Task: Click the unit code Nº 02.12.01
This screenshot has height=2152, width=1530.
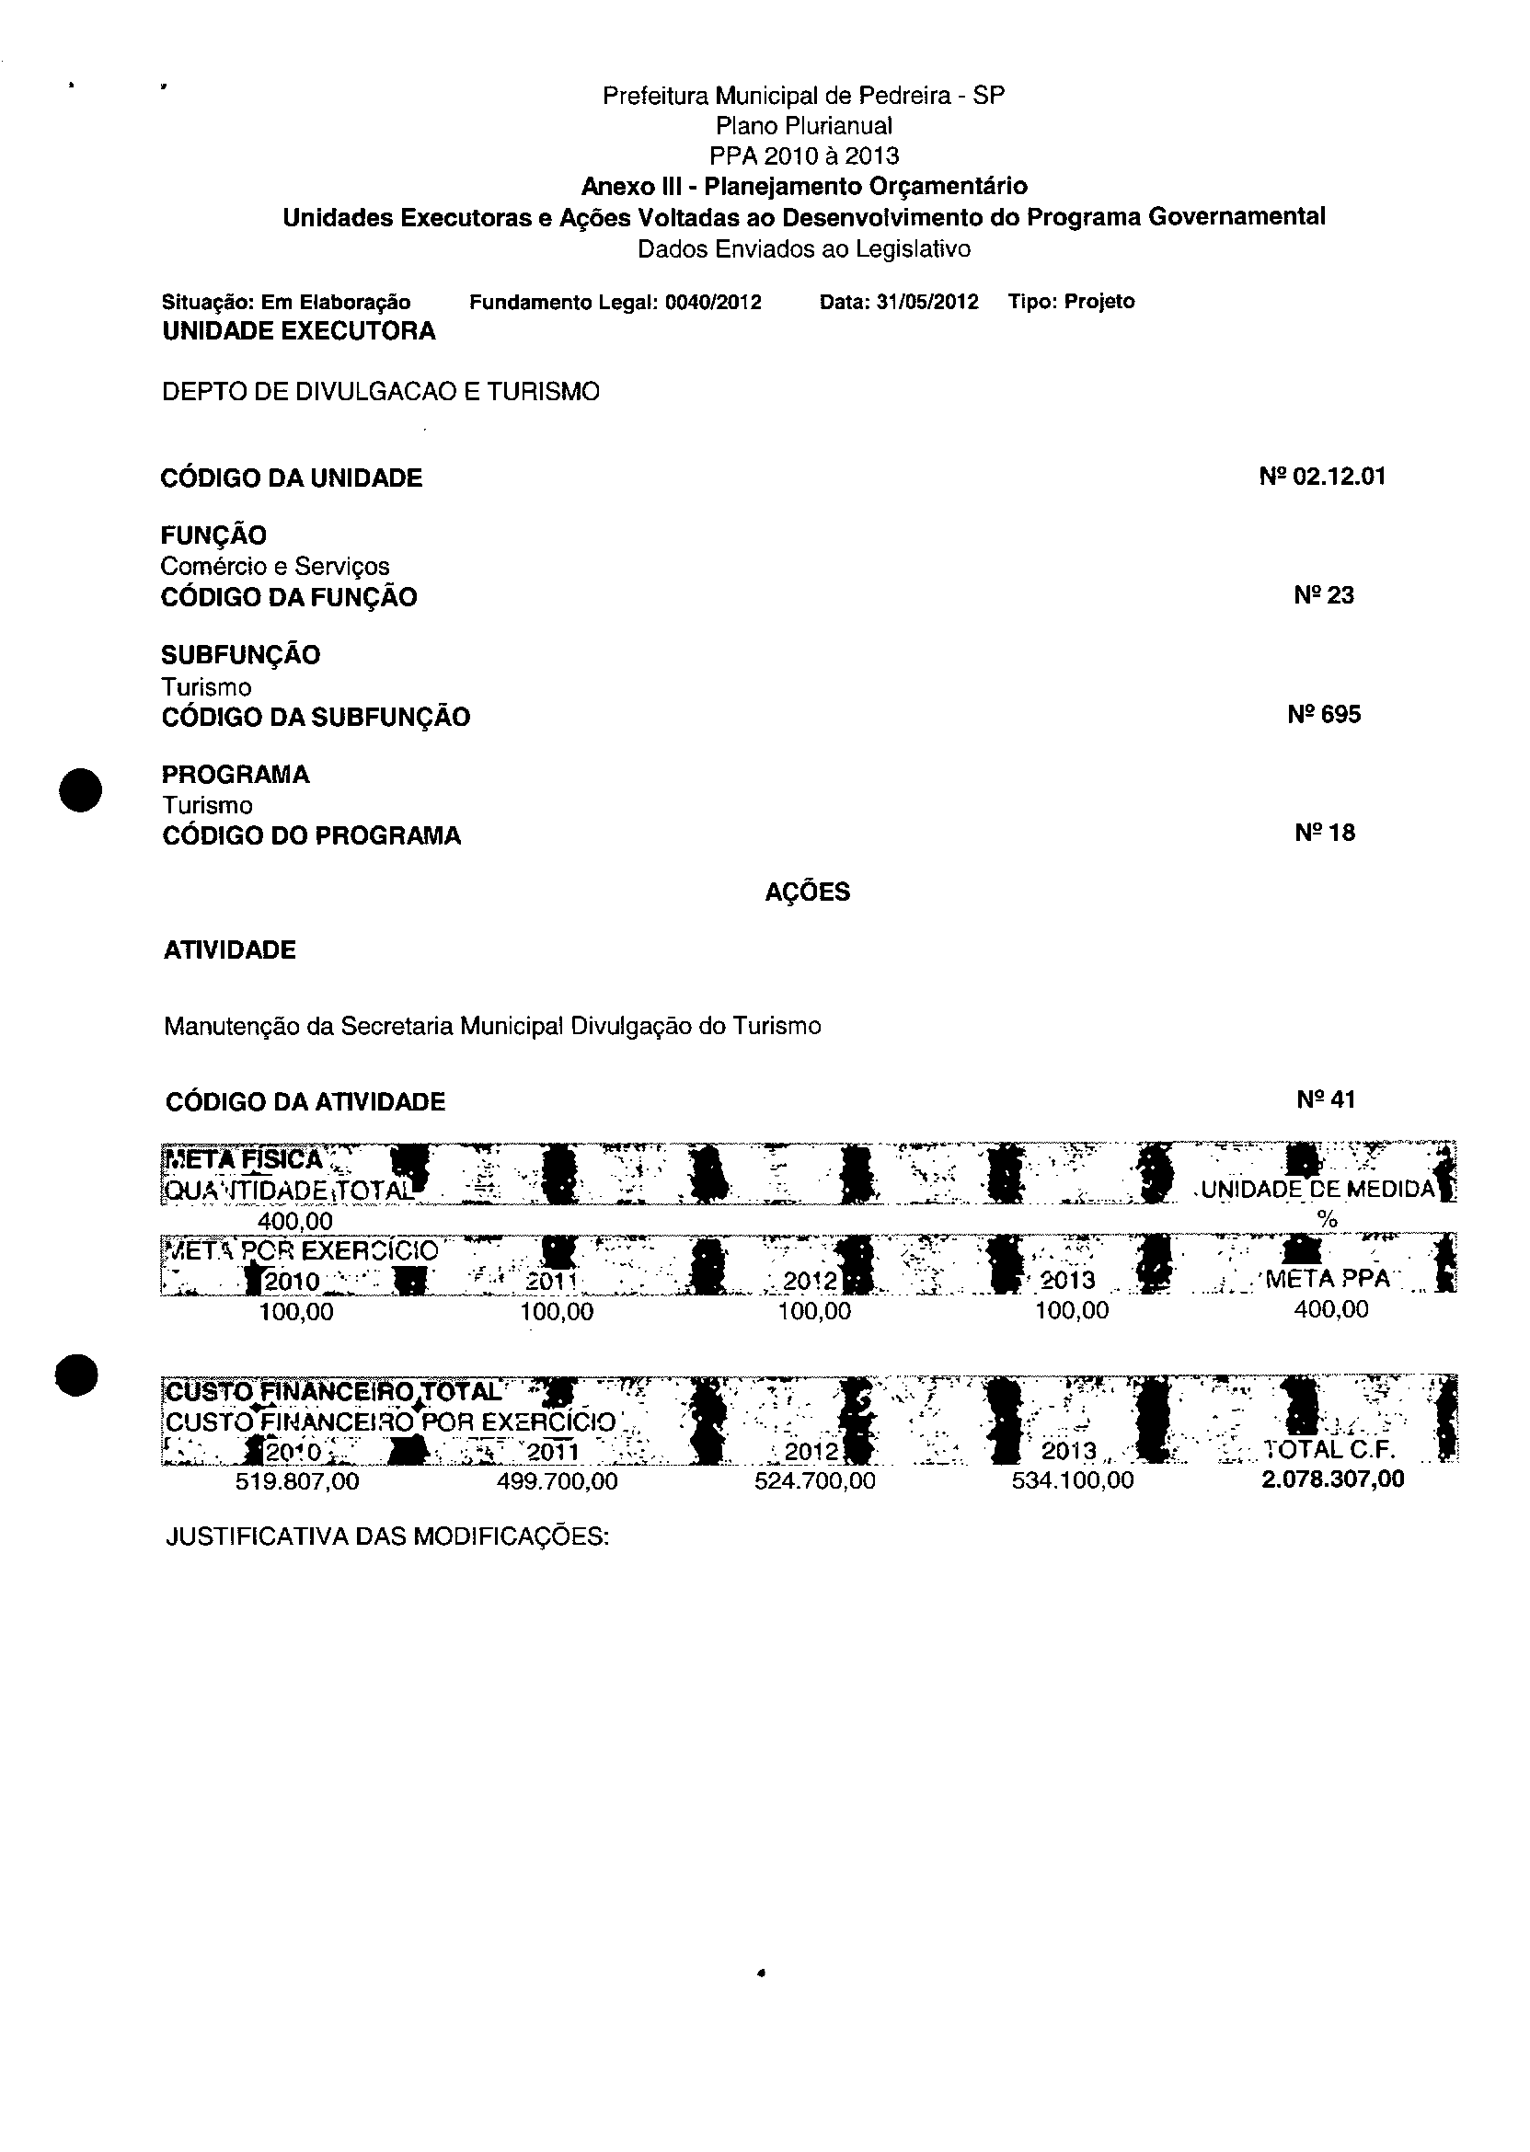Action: point(1322,477)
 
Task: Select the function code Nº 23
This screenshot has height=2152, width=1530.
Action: point(1324,595)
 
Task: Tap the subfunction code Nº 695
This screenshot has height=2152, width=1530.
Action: point(1324,715)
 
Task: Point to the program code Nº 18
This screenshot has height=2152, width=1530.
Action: point(1325,834)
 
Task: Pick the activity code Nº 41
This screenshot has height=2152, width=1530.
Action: point(1326,1100)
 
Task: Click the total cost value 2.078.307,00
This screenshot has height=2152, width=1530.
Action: point(1332,1479)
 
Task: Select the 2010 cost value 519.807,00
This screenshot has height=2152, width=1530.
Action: point(297,1481)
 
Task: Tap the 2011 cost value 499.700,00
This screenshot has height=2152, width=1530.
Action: point(557,1481)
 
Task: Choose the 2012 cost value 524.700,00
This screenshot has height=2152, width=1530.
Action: point(815,1481)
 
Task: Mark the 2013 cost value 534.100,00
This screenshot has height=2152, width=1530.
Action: point(1072,1480)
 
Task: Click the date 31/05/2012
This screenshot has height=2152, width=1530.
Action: point(927,303)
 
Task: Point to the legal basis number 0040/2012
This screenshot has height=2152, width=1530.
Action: point(713,303)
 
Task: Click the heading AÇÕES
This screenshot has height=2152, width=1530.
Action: point(808,892)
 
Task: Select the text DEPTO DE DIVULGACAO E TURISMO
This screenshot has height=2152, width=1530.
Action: point(381,392)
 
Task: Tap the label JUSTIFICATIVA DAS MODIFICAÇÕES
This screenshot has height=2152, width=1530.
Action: point(387,1536)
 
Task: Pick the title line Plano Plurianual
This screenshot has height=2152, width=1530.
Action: point(803,126)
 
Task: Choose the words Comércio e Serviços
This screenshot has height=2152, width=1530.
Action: point(275,566)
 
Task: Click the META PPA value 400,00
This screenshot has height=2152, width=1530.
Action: point(1330,1309)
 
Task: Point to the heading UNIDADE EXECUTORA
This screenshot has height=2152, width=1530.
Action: point(299,331)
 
